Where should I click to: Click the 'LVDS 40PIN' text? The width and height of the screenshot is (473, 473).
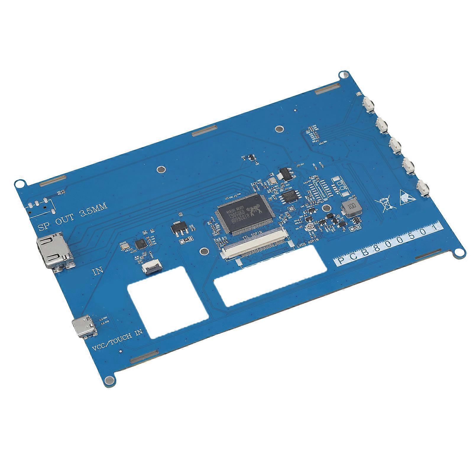tap(307, 240)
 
